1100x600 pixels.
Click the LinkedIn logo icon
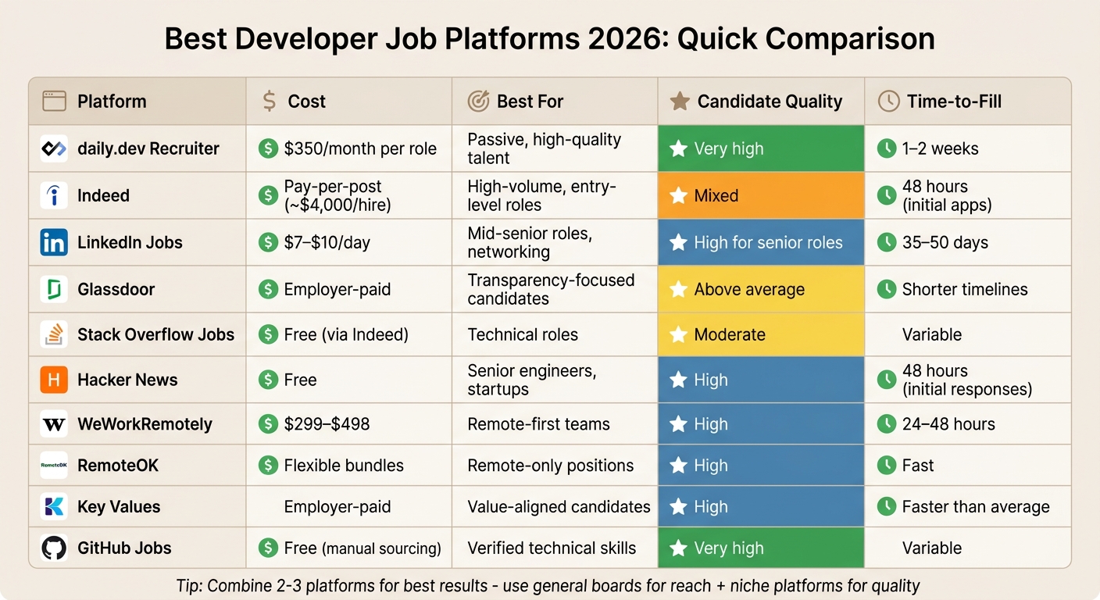[54, 242]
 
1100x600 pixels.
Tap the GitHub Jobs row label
[124, 548]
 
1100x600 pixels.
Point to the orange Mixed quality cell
[761, 195]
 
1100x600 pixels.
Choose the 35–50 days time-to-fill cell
[945, 242]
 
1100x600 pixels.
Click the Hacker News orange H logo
[54, 380]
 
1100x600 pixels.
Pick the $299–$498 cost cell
[327, 424]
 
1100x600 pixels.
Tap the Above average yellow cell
[761, 289]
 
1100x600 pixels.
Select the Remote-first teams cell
[538, 424]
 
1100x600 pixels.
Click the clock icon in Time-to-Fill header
[888, 101]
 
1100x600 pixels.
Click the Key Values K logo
[54, 506]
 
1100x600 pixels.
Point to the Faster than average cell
[975, 506]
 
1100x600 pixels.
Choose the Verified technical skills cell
[552, 548]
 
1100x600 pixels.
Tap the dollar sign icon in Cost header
[270, 101]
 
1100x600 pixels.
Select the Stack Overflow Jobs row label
[155, 334]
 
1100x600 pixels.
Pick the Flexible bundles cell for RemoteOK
[344, 466]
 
